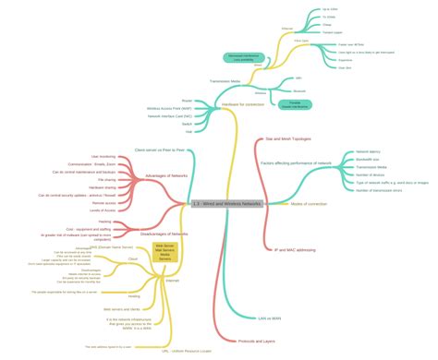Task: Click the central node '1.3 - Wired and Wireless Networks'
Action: [x=226, y=203]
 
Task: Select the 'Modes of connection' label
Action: [x=310, y=203]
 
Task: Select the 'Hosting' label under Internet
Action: [x=121, y=295]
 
